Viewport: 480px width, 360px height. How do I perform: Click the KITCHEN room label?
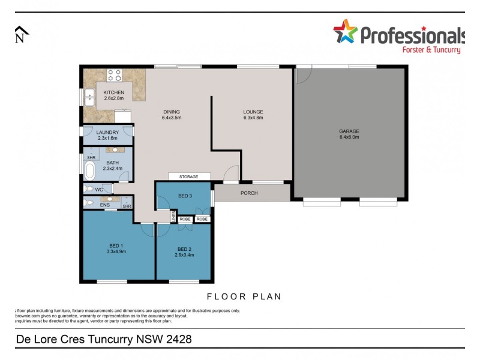113,92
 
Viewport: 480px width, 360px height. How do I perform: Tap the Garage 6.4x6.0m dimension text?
349,137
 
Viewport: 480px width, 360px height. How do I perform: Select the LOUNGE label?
253,112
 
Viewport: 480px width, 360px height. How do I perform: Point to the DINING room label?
171,112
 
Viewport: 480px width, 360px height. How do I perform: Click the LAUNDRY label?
107,132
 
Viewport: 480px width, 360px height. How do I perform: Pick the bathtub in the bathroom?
90,172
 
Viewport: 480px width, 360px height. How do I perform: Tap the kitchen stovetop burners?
114,75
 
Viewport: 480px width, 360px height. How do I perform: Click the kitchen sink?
90,96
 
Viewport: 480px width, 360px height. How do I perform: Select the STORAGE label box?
189,176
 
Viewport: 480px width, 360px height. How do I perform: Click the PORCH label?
249,193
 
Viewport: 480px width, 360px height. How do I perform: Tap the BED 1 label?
116,244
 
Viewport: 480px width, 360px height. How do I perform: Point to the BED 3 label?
185,196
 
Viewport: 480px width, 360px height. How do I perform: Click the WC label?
98,190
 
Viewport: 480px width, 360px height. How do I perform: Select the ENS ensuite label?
104,205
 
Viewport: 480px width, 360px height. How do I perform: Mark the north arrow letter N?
20,39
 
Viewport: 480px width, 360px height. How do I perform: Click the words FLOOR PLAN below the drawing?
244,296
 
